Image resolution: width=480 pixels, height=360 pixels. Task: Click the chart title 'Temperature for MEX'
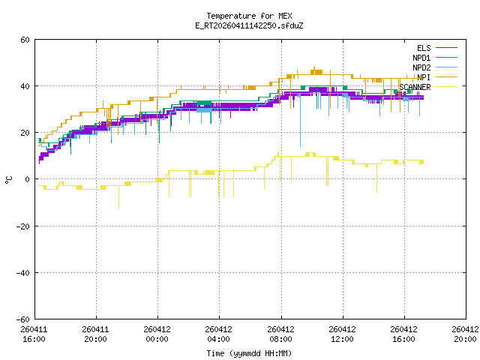click(249, 16)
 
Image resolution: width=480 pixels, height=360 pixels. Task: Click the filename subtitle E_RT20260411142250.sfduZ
click(249, 25)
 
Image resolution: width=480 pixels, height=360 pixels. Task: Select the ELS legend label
click(424, 48)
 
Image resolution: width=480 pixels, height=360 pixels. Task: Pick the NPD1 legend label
click(421, 58)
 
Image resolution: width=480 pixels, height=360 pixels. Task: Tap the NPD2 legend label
click(421, 67)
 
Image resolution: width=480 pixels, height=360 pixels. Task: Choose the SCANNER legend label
click(415, 87)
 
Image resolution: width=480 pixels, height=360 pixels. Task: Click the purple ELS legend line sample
click(446, 48)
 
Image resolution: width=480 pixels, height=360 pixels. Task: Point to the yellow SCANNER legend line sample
click(446, 87)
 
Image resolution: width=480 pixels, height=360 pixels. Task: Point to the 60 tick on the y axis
click(25, 40)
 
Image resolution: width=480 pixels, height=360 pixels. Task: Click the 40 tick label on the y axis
click(25, 86)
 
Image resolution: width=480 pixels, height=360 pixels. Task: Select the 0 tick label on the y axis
click(27, 179)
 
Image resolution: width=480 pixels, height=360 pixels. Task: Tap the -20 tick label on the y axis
click(23, 226)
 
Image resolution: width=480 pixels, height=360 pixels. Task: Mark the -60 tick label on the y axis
click(23, 319)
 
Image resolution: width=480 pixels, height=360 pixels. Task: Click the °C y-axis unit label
click(8, 180)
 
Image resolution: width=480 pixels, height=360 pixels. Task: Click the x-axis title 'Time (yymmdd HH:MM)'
click(249, 353)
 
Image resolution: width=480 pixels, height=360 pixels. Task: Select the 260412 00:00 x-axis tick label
click(157, 334)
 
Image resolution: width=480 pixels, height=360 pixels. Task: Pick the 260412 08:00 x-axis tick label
click(280, 334)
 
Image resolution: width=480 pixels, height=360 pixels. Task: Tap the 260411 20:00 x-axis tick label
click(95, 334)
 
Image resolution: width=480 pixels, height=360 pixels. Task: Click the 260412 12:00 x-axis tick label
click(342, 334)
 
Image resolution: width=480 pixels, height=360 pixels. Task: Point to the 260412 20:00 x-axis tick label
click(465, 334)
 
